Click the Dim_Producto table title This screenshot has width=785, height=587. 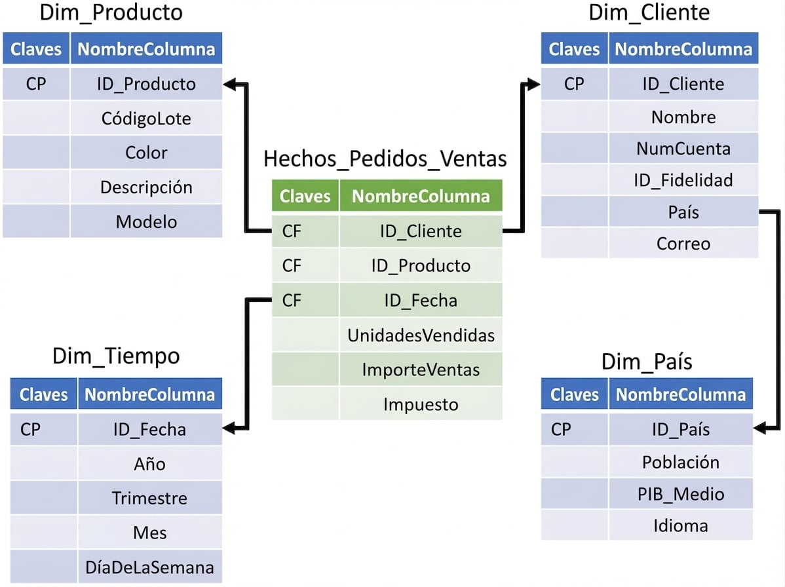(x=111, y=12)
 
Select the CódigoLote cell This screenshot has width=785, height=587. (x=146, y=119)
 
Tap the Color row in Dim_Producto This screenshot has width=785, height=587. (x=146, y=153)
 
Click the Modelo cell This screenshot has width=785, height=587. (x=146, y=221)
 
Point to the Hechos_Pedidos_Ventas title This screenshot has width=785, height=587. (x=385, y=159)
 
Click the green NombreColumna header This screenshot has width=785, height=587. (x=421, y=196)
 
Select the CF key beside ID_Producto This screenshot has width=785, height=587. (x=292, y=265)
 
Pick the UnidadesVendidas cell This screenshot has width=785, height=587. (x=421, y=335)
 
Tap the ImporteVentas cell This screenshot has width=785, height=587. (x=421, y=369)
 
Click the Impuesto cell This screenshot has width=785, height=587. (x=421, y=404)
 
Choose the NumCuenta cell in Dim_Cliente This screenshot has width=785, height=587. (x=683, y=149)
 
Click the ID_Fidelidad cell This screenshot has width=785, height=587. (x=683, y=180)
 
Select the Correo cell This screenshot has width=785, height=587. (x=683, y=244)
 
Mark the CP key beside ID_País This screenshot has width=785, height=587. (x=561, y=429)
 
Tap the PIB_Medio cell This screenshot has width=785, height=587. (x=681, y=493)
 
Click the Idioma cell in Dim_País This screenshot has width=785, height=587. (x=681, y=525)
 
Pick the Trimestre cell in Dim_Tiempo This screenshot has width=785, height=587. (x=149, y=498)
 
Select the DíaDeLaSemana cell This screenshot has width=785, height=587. (x=149, y=567)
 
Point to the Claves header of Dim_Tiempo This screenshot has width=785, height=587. (x=44, y=394)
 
